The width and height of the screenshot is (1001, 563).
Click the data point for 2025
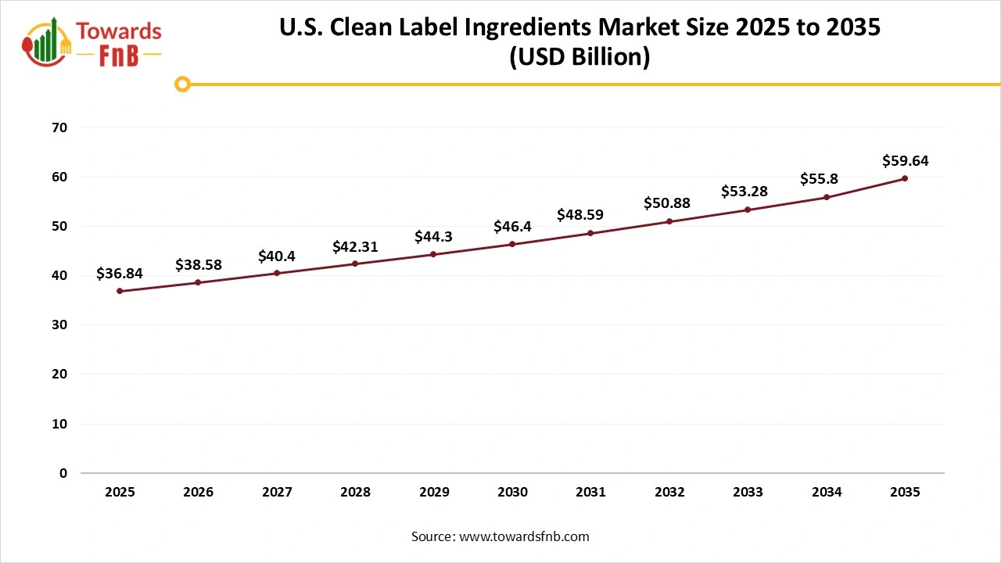pyautogui.click(x=120, y=291)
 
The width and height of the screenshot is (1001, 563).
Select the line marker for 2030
pyautogui.click(x=512, y=244)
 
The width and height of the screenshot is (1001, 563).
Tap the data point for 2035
pyautogui.click(x=905, y=178)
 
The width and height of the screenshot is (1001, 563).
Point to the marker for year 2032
pyautogui.click(x=669, y=221)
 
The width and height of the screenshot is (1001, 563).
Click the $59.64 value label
pyautogui.click(x=905, y=161)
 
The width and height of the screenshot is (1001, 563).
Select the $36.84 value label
pyautogui.click(x=120, y=273)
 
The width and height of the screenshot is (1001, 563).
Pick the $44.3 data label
pyautogui.click(x=434, y=236)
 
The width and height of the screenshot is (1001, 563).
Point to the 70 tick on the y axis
pyautogui.click(x=59, y=127)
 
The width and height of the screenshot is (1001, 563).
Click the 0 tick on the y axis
pyautogui.click(x=63, y=473)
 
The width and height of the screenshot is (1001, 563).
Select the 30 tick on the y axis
pyautogui.click(x=59, y=325)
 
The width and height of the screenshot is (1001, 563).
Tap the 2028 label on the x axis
pyautogui.click(x=355, y=493)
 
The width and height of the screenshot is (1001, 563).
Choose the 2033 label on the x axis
pyautogui.click(x=748, y=493)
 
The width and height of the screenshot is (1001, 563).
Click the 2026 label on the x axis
pyautogui.click(x=198, y=493)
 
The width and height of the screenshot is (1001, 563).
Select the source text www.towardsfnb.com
pyautogui.click(x=523, y=536)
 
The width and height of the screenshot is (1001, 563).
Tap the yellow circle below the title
pyautogui.click(x=182, y=84)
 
